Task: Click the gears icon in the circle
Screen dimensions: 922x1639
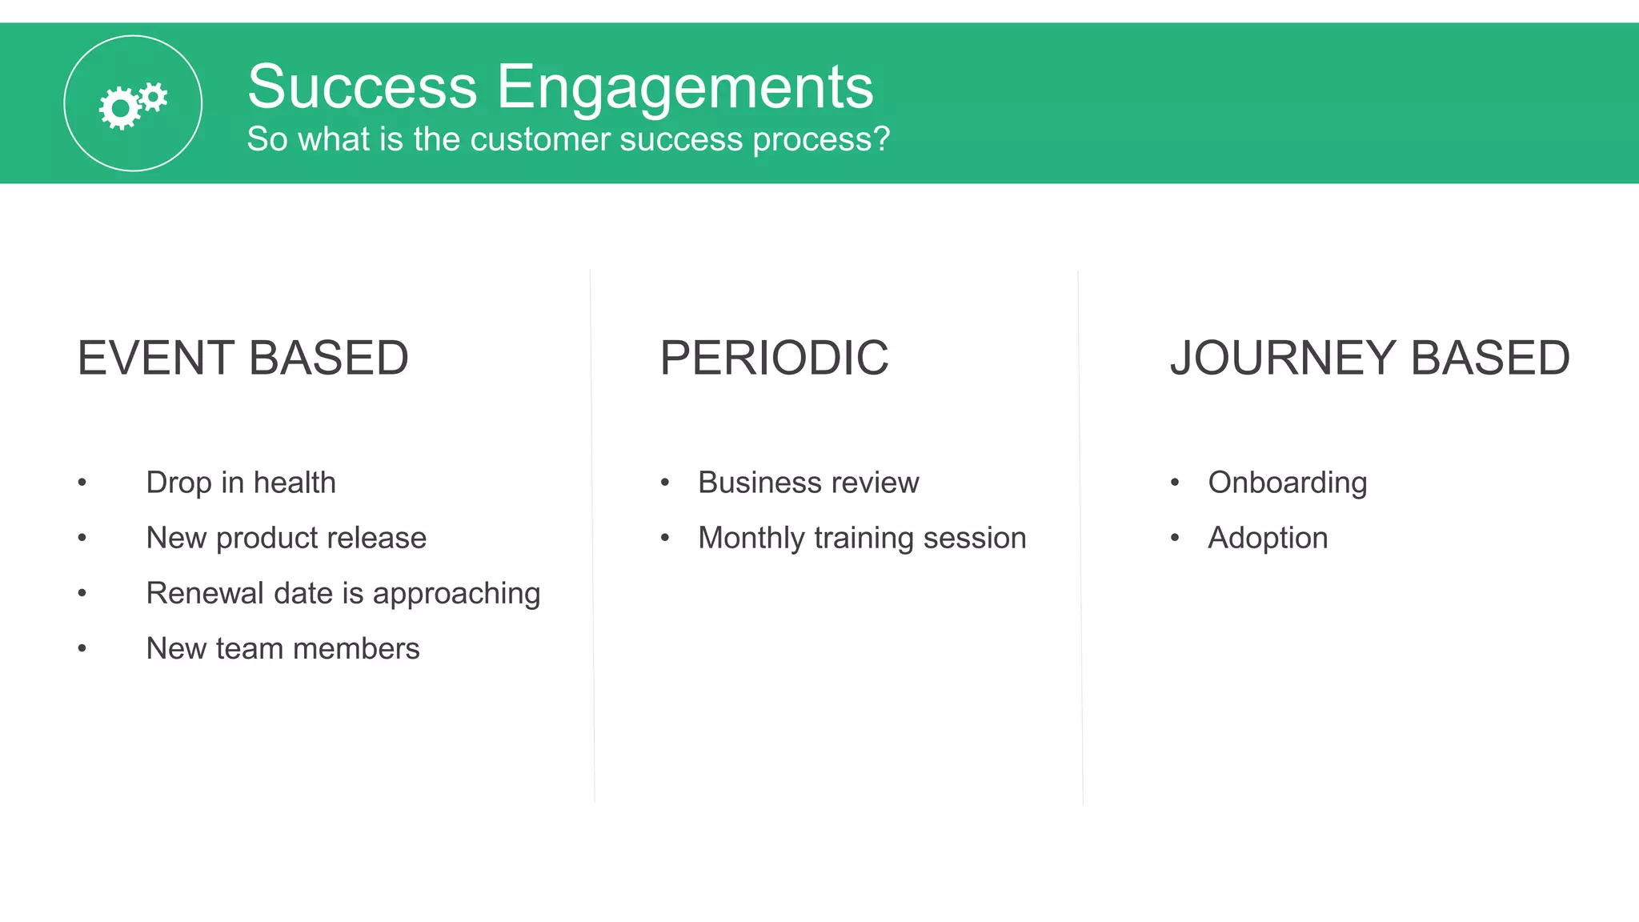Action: tap(133, 104)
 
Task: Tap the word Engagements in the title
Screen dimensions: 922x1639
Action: tap(685, 88)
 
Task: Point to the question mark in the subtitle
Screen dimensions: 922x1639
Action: tap(882, 139)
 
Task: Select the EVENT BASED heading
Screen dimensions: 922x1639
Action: tap(242, 358)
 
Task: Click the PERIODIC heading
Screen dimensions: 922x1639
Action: tap(774, 358)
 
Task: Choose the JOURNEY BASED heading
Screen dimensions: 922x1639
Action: tap(1369, 358)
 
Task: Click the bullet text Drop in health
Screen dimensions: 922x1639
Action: tap(240, 483)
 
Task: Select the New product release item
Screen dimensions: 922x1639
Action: tap(286, 538)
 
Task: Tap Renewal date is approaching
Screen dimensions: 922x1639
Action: tap(343, 594)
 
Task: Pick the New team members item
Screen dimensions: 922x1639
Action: tap(283, 648)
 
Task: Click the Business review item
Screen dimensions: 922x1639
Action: tap(808, 483)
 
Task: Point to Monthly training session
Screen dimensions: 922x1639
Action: tap(862, 538)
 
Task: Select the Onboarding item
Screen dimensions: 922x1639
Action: tap(1287, 483)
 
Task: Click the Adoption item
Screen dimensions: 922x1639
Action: tap(1268, 538)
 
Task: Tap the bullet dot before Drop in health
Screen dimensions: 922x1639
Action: tap(82, 483)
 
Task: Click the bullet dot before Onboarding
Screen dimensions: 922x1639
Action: tap(1174, 483)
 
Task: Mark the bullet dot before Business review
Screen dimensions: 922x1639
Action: tap(664, 483)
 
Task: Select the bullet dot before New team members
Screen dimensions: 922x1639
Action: tap(82, 648)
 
